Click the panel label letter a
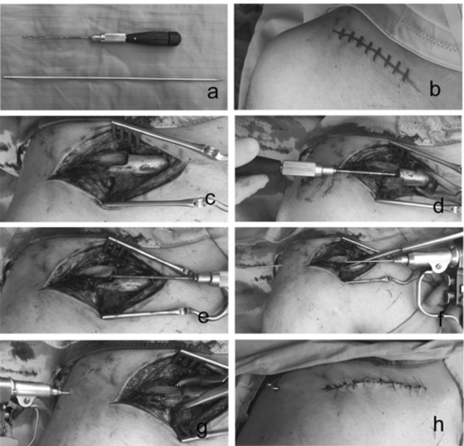coord(213,92)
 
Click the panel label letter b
coord(434,88)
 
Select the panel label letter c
coord(209,199)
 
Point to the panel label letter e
coord(203,317)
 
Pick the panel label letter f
coord(441,318)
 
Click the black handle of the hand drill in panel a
coord(153,39)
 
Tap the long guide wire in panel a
coord(113,78)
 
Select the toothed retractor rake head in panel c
coord(126,135)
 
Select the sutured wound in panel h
coord(374,385)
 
